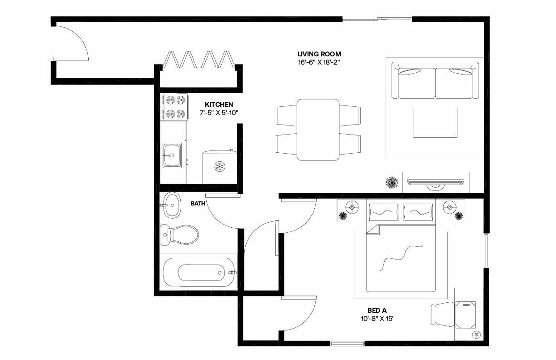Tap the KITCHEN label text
(x=219, y=104)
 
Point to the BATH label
(x=198, y=204)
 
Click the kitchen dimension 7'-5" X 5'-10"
(x=219, y=113)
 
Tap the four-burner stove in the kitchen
(x=174, y=107)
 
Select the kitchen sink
(x=172, y=155)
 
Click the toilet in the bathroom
(x=180, y=234)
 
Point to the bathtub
(x=200, y=272)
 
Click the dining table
(x=318, y=130)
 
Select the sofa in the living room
(x=435, y=82)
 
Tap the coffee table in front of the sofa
(x=435, y=122)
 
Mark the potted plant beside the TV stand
(x=392, y=183)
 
